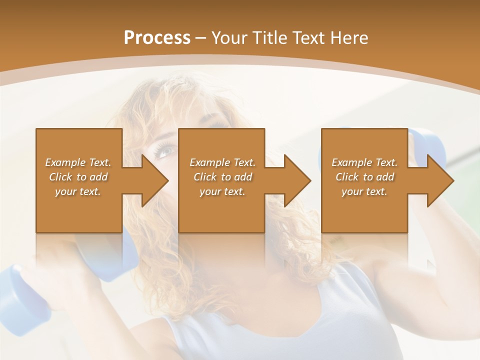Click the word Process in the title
(157, 38)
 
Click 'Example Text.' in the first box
(78, 162)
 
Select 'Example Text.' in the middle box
(222, 162)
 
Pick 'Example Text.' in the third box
(364, 162)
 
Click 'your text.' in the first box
(78, 191)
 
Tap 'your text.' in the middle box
(222, 191)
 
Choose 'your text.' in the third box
(364, 191)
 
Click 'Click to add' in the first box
(78, 177)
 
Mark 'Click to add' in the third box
(364, 177)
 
